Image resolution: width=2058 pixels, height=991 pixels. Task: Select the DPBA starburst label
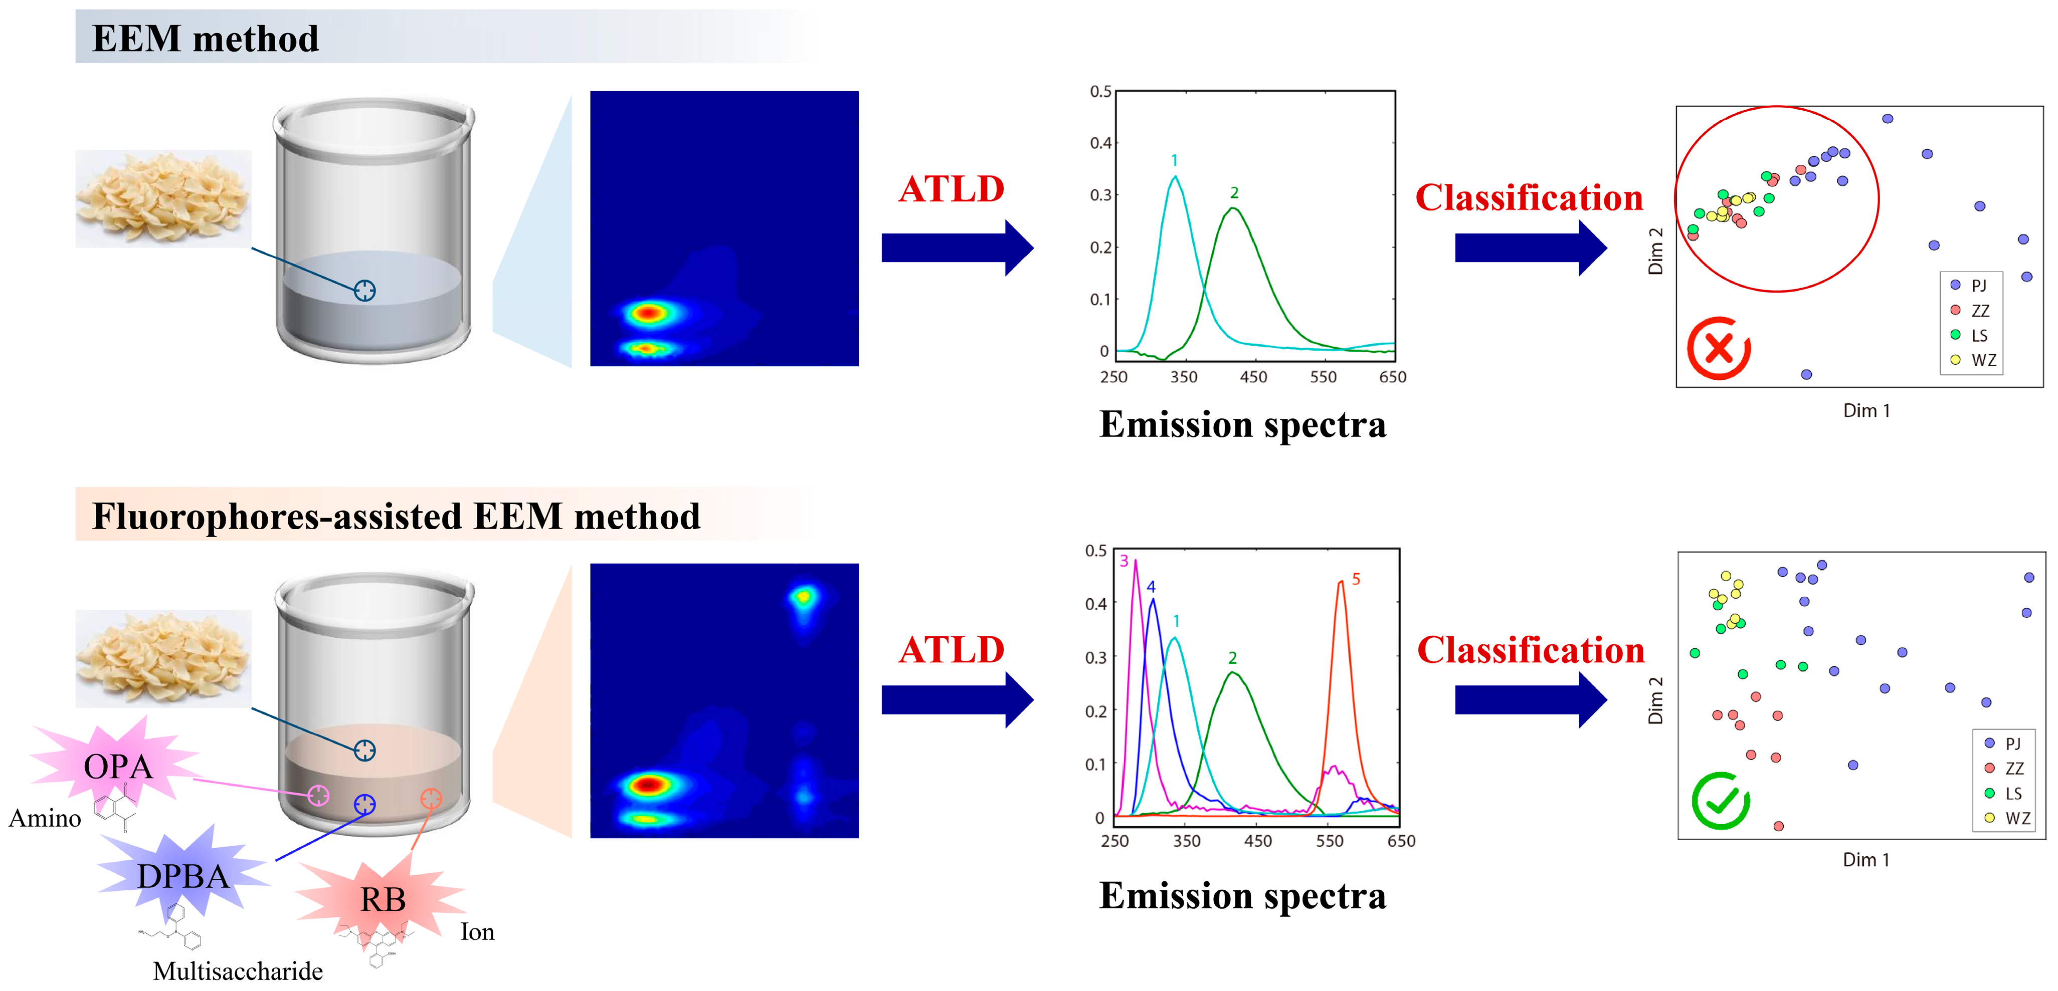tap(183, 876)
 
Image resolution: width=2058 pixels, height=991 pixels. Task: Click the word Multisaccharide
tap(238, 971)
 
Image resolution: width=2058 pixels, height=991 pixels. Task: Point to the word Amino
tap(45, 819)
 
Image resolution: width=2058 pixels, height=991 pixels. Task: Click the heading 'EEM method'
tap(206, 39)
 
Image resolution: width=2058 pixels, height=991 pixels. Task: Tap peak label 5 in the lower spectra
tap(1356, 579)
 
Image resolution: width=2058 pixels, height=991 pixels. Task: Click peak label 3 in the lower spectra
tap(1124, 561)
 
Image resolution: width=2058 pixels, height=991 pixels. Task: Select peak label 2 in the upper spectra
tap(1234, 192)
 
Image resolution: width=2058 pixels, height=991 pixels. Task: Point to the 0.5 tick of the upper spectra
tap(1101, 92)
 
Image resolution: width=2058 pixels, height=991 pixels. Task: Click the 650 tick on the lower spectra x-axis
tap(1401, 841)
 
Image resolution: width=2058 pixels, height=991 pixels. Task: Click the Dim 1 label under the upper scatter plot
tap(1866, 410)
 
